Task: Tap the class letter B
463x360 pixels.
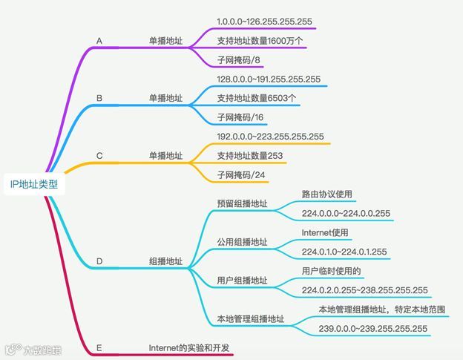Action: click(99, 97)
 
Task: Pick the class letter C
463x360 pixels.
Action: click(99, 156)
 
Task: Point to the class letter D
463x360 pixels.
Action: click(99, 261)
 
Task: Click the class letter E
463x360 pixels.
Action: click(99, 347)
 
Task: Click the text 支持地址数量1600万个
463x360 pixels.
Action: click(260, 39)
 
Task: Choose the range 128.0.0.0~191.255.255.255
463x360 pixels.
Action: click(269, 79)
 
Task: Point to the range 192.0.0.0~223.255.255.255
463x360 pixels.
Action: click(270, 137)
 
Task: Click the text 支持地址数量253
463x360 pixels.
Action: click(250, 156)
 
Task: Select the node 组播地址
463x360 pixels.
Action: click(166, 261)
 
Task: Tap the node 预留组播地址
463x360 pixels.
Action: click(242, 204)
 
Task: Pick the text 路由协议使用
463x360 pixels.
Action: click(326, 194)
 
